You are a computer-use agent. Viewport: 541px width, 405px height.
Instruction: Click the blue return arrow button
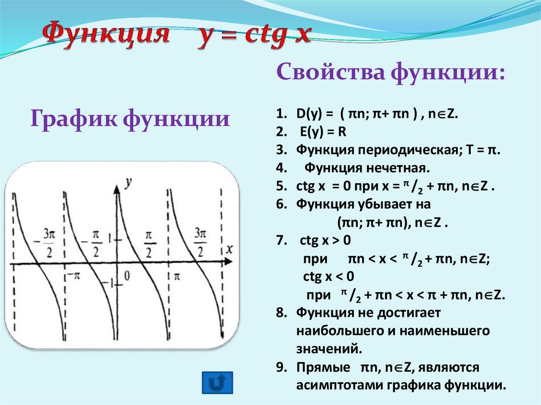218,382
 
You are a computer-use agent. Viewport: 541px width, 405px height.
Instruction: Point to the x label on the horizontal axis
229,248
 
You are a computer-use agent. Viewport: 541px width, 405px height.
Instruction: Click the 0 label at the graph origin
127,275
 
